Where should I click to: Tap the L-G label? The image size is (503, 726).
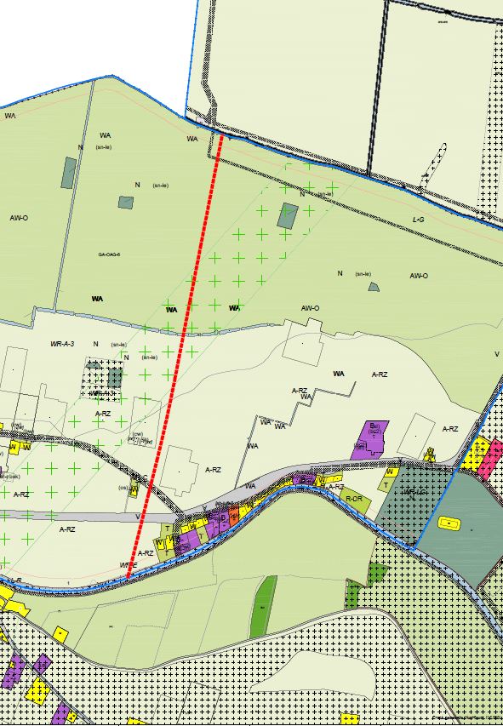tap(418, 220)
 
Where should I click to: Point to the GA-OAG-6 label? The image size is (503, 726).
tap(110, 254)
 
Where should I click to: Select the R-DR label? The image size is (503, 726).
tap(354, 498)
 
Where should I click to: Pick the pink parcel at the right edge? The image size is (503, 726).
tap(490, 460)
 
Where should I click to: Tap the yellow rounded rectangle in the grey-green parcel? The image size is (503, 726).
tap(446, 523)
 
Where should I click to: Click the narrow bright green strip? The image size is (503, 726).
tap(264, 606)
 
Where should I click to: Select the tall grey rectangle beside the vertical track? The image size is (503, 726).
tap(68, 173)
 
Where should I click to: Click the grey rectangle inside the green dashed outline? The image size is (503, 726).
tap(288, 215)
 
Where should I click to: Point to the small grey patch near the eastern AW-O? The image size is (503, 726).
tap(373, 287)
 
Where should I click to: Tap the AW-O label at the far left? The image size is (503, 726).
tap(19, 218)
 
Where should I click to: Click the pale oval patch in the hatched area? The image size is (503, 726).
tap(314, 673)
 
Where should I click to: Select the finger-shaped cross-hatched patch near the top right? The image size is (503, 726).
tap(434, 167)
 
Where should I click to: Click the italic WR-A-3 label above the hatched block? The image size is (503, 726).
tap(63, 343)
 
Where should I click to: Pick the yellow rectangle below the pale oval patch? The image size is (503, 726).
tap(59, 634)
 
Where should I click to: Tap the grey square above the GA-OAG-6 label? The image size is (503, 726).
tap(126, 203)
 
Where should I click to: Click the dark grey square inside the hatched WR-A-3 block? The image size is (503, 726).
tap(114, 377)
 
